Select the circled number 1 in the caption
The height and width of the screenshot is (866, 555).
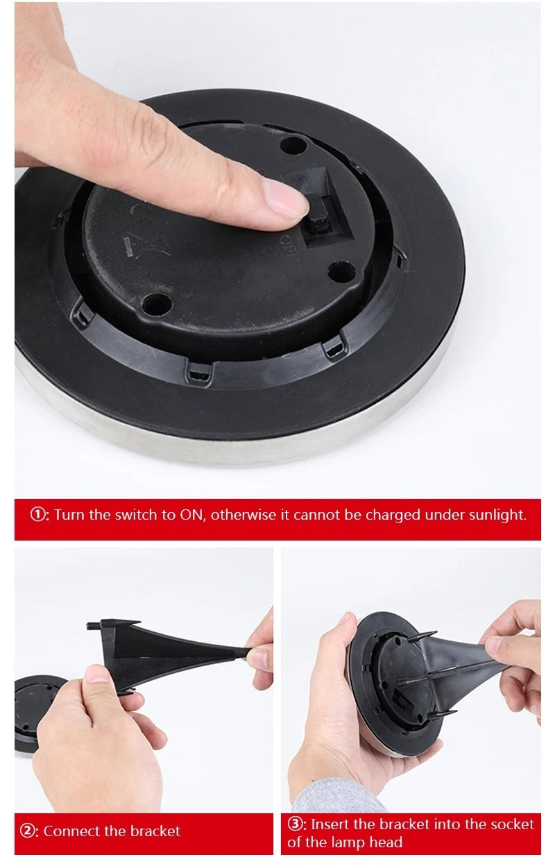pyautogui.click(x=38, y=516)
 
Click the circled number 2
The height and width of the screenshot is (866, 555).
pyautogui.click(x=27, y=831)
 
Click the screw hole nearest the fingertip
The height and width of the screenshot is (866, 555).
pyautogui.click(x=293, y=146)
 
